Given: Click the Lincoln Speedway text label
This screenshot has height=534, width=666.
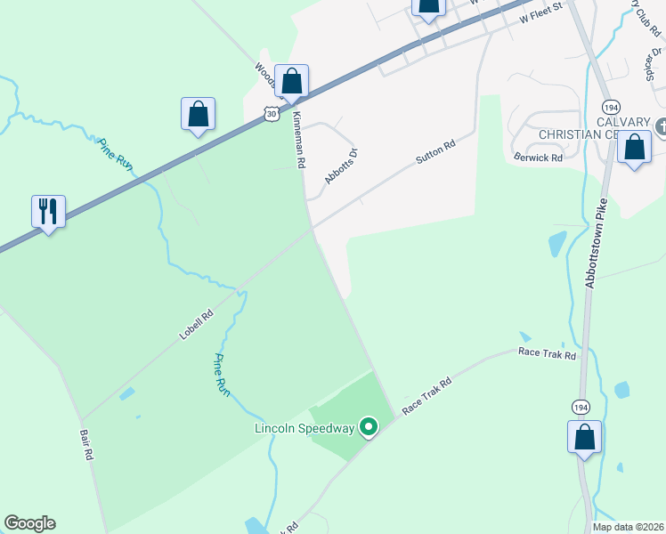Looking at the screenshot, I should coord(305,428).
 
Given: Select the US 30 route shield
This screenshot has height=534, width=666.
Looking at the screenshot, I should coord(272,114).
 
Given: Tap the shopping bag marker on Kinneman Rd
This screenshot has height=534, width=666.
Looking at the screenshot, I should coord(291,82).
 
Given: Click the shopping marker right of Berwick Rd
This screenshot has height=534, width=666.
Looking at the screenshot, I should coord(635,149).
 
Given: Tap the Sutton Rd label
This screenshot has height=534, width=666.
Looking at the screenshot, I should coord(435,152).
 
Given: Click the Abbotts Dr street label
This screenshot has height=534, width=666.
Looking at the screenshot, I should coord(341,166).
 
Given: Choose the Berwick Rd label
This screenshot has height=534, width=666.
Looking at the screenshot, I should coord(539,158).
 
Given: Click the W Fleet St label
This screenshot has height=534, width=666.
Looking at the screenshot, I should coord(542,12).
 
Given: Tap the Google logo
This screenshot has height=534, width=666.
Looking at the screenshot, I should coord(29,523).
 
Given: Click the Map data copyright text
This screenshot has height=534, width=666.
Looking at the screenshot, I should coord(627,527).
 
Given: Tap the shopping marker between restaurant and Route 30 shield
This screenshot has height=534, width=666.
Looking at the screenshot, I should coord(198,115).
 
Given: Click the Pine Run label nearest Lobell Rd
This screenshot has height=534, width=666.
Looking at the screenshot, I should coord(220,374).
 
